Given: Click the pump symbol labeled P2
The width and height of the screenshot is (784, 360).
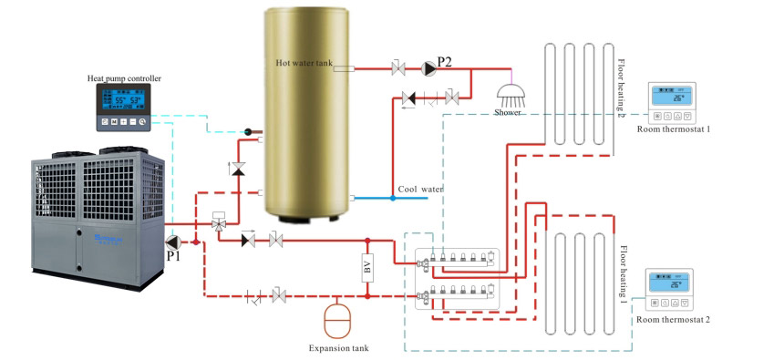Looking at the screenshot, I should click(428, 67).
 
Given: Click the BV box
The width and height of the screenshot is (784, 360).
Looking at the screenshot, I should click(367, 270).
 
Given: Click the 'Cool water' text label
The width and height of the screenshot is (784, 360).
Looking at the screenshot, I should click(420, 190).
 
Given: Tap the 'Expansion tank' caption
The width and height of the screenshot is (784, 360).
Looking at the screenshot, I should click(339, 348).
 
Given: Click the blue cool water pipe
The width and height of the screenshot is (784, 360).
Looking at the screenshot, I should click(383, 198).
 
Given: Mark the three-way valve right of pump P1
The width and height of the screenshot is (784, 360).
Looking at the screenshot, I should click(219, 223).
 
